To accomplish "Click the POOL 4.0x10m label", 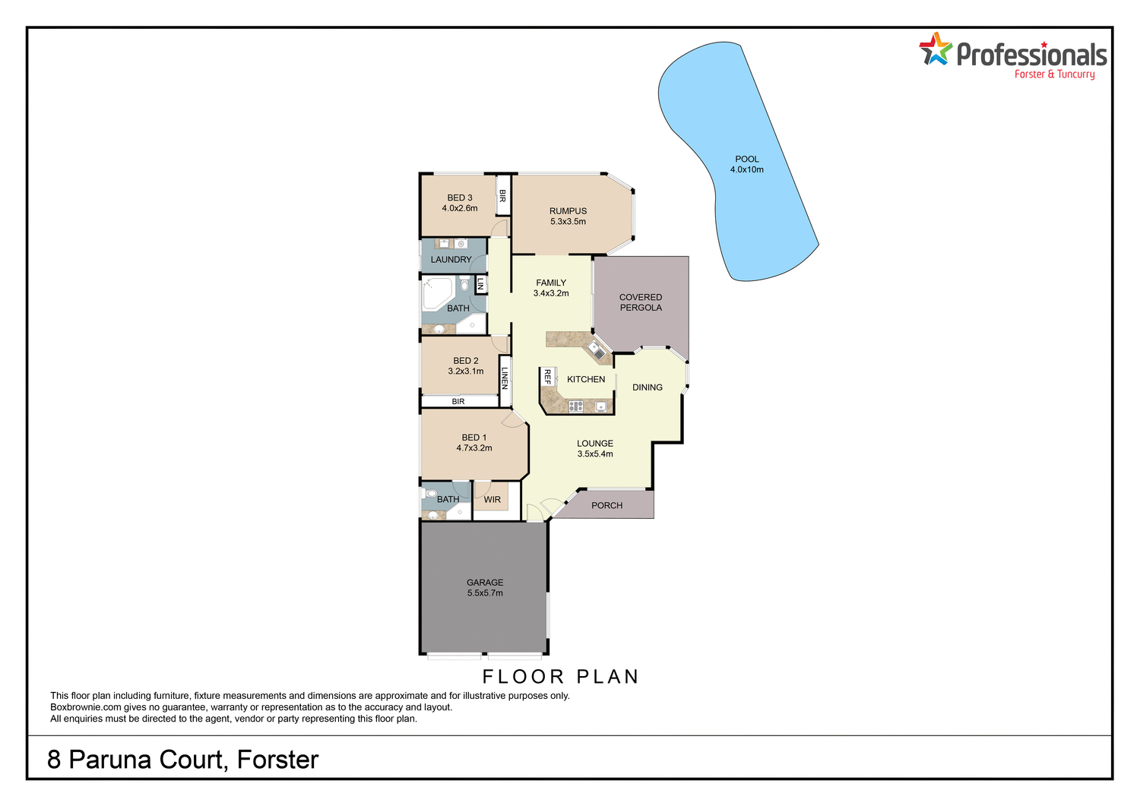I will pos(746,165).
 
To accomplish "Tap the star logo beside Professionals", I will pos(936,50).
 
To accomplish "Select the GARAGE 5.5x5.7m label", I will pos(485,588).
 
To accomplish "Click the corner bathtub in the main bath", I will pos(437,293).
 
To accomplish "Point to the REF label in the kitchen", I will pos(547,376).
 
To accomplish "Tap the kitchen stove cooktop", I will pos(576,406).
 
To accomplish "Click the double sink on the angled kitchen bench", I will pos(597,351).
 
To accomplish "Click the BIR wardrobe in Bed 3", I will pos(502,195).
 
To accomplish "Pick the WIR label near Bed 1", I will pos(492,500).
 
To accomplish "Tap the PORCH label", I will pos(606,505).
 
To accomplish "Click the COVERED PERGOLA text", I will pos(641,302).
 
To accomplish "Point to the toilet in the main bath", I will pos(464,286).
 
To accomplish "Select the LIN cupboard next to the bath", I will pos(480,284).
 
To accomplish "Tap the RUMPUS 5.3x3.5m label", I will pos(568,217).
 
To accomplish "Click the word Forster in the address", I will pos(277,760).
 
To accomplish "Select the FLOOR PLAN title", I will pos(561,677).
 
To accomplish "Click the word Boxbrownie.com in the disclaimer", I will pos(85,707).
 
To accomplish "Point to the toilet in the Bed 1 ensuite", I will pos(431,494).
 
